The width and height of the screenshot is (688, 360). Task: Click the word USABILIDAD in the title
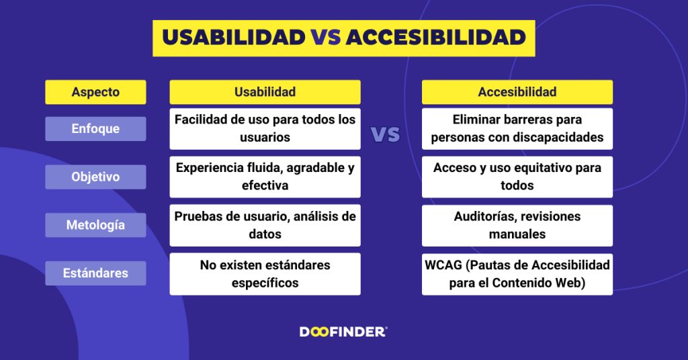(x=233, y=38)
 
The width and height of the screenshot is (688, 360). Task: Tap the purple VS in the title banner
(x=325, y=38)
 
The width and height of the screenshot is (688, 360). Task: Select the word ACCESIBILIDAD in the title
(x=435, y=38)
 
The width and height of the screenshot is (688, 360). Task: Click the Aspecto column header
(x=95, y=92)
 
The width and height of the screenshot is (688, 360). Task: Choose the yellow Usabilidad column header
(x=265, y=92)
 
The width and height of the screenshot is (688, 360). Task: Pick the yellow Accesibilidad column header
(x=517, y=92)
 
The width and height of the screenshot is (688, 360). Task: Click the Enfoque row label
(x=95, y=128)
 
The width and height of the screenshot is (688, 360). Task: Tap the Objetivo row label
(x=95, y=177)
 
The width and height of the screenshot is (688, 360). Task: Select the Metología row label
(x=95, y=225)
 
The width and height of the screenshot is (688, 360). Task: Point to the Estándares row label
(x=95, y=273)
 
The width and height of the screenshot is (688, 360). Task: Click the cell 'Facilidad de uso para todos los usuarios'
(x=265, y=128)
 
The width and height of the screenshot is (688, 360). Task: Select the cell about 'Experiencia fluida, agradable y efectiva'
(x=265, y=177)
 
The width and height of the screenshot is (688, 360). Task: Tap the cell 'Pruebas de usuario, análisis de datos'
(x=265, y=225)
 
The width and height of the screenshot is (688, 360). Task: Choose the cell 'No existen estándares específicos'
(x=265, y=273)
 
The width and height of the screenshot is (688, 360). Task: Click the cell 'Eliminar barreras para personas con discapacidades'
(x=517, y=128)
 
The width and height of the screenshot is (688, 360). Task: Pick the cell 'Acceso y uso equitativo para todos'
(x=517, y=177)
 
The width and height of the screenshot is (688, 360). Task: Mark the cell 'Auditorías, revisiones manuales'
(x=517, y=225)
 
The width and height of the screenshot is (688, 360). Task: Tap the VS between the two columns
(x=386, y=134)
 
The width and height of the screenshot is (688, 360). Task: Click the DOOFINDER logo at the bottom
(x=343, y=332)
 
